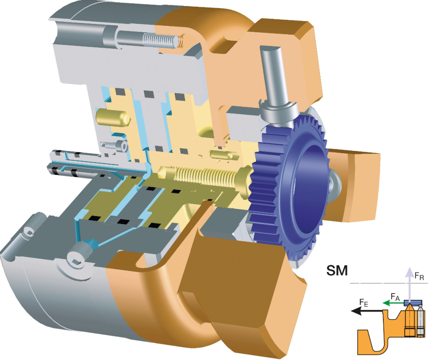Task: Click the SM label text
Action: (337, 270)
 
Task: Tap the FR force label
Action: (419, 276)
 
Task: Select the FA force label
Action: (395, 297)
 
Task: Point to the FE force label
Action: (364, 303)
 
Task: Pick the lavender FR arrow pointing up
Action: (410, 285)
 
